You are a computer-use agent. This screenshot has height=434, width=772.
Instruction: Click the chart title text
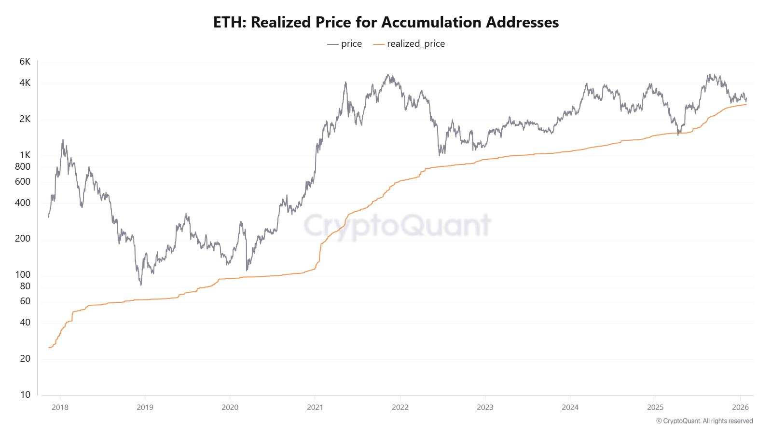coord(386,22)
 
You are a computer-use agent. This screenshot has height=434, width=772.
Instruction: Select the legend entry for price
coord(345,44)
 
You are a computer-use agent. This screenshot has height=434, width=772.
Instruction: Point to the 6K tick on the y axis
coord(25,62)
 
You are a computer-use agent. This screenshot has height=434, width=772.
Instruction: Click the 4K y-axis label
coord(25,83)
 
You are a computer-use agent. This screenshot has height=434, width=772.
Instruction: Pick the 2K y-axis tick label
coord(25,119)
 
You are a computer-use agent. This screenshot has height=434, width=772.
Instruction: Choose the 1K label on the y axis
coord(25,155)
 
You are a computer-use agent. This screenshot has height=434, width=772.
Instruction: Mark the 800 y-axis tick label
coord(23,167)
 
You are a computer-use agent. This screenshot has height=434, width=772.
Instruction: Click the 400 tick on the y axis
coord(23,203)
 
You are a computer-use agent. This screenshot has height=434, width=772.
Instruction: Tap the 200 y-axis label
coord(23,239)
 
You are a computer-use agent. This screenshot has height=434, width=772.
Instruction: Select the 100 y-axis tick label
coord(23,275)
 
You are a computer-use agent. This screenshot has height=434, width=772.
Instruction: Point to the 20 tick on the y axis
coord(25,359)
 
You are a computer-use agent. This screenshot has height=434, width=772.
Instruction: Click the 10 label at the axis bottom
coord(25,395)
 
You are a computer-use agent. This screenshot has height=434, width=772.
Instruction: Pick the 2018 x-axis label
coord(60,407)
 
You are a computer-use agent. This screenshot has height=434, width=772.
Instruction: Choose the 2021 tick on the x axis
coord(315,407)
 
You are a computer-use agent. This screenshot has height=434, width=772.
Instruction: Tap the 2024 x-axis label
coord(570,407)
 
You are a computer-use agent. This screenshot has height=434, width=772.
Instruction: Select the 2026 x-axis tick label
coord(740,407)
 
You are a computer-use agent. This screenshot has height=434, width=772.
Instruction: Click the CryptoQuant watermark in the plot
coord(397,226)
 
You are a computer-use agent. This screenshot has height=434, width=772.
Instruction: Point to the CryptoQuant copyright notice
coord(704,421)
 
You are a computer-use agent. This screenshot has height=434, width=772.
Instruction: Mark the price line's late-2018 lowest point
coord(141,285)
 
